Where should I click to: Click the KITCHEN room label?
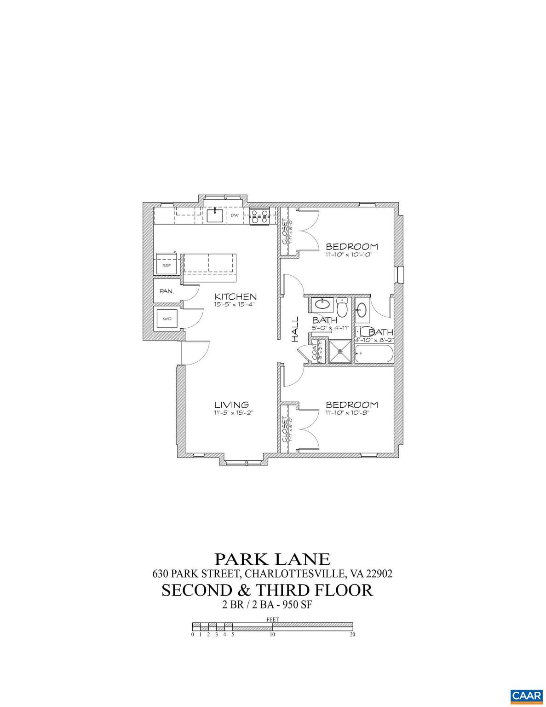[235, 296]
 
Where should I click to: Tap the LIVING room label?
[231, 405]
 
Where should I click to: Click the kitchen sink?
[215, 215]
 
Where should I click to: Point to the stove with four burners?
[259, 216]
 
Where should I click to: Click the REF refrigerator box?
[167, 266]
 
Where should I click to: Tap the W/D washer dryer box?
[166, 318]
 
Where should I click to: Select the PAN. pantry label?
[166, 291]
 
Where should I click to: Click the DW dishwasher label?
[234, 215]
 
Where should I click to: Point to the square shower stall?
[340, 352]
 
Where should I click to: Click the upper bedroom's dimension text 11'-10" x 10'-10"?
[348, 254]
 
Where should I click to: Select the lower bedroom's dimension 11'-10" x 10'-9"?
[348, 413]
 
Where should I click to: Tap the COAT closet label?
[315, 352]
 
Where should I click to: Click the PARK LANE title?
[272, 559]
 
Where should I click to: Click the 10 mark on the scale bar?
[272, 634]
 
